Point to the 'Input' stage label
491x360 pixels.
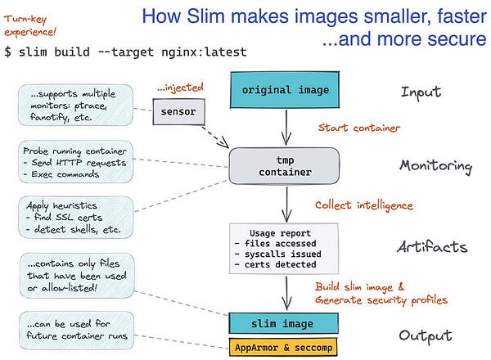point(421,92)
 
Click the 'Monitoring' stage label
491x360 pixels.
point(435,166)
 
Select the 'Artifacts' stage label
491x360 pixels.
point(431,247)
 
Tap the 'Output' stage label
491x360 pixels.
point(426,335)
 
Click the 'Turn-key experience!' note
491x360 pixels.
point(32,24)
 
